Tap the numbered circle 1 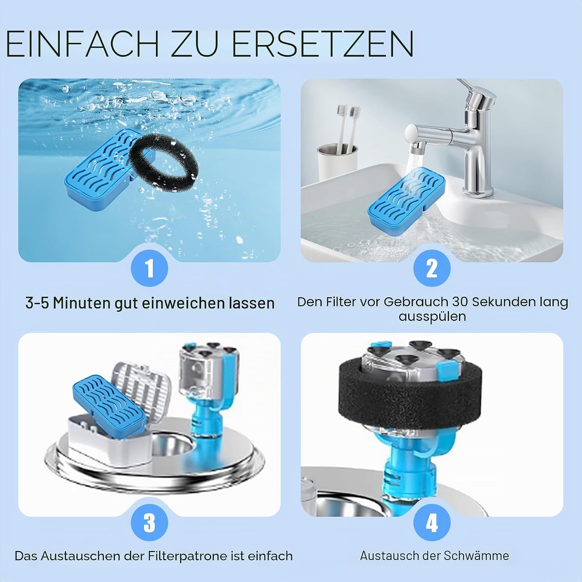(x=149, y=268)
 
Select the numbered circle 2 (x=432, y=268)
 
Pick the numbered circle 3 (x=149, y=523)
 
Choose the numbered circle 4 (x=432, y=523)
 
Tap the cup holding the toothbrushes (x=337, y=161)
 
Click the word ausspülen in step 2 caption (x=432, y=316)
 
